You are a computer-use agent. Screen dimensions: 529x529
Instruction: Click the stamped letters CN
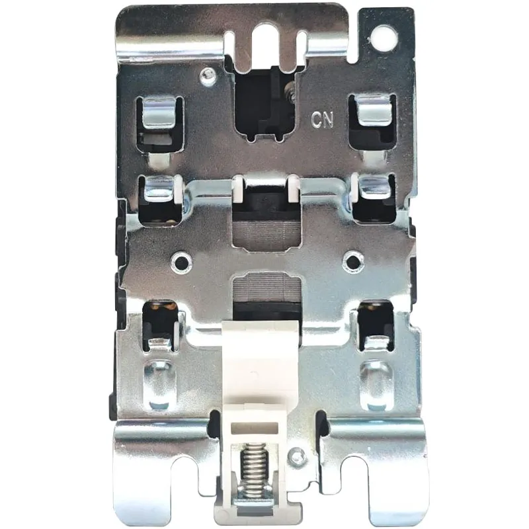click(322, 120)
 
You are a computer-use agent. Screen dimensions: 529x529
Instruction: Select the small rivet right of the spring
click(297, 456)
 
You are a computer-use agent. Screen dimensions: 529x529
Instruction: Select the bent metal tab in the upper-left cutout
click(159, 113)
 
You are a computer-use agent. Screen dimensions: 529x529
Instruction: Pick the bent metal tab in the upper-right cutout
click(374, 110)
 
